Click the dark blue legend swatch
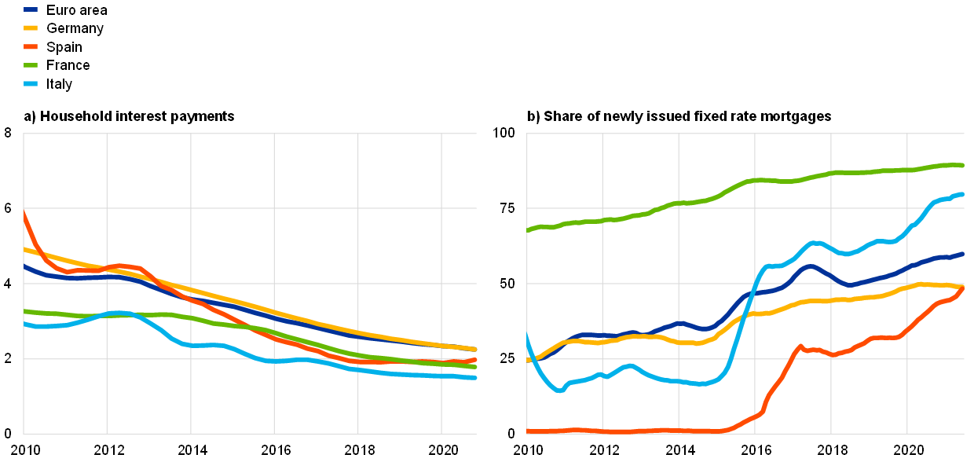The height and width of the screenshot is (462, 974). (x=31, y=9)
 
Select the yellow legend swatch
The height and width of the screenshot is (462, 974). (x=31, y=27)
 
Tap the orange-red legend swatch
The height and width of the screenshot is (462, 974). (x=31, y=46)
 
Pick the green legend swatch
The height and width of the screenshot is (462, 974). (x=31, y=65)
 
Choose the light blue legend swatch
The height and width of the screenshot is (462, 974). (x=31, y=83)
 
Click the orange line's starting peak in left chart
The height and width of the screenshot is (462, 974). (x=24, y=212)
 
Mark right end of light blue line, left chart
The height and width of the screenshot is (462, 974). (x=476, y=378)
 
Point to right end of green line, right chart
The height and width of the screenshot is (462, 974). (x=963, y=165)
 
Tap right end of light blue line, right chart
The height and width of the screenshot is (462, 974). (x=963, y=194)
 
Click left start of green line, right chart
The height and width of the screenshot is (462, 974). (x=527, y=230)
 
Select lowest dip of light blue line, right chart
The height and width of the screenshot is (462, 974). (x=560, y=390)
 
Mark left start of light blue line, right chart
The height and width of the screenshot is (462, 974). (x=527, y=335)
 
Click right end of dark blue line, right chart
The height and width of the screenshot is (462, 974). (x=963, y=254)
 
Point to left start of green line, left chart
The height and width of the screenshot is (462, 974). (x=24, y=311)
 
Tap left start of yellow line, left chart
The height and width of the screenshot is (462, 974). (x=24, y=249)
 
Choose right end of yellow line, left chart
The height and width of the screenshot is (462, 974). (x=476, y=349)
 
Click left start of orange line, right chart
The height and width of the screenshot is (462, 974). (x=528, y=431)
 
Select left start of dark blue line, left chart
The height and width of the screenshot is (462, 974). (x=24, y=266)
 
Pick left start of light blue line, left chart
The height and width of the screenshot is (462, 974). (x=24, y=323)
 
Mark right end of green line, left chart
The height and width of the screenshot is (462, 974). (x=476, y=367)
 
